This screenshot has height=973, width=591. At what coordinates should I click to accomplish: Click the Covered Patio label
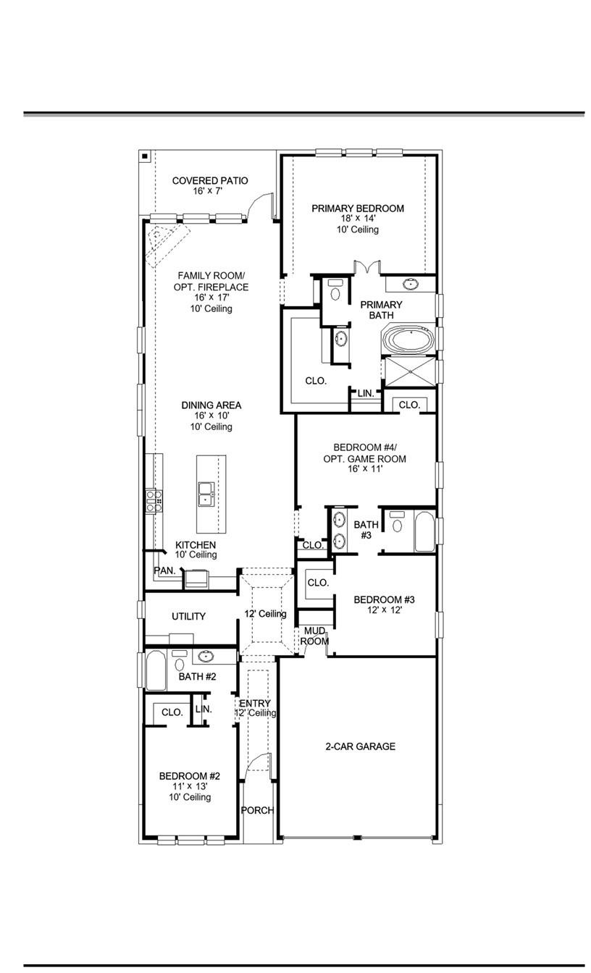pos(210,180)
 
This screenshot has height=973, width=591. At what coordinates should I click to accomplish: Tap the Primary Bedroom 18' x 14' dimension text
pos(357,219)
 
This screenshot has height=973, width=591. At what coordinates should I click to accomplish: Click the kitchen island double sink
pos(206,493)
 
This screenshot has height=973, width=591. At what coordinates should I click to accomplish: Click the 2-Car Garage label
pos(360,746)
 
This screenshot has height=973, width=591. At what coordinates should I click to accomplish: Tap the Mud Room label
pos(315,636)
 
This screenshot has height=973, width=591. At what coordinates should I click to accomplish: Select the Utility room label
pos(188,616)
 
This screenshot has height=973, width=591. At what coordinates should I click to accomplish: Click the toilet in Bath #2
pos(179,661)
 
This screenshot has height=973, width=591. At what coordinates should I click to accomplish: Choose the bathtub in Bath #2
pos(156,670)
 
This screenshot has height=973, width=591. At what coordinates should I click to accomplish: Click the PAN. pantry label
pos(164,570)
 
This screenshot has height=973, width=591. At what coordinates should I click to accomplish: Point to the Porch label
pos(257,810)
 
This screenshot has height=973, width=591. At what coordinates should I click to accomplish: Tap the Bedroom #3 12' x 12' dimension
pos(384,610)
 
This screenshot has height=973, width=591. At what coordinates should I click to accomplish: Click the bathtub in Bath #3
pos(424,532)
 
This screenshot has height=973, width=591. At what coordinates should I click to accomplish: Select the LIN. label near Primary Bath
pos(366,393)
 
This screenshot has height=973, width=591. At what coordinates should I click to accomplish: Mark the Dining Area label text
pos(211,405)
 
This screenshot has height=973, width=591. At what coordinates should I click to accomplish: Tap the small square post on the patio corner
pos(145,156)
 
